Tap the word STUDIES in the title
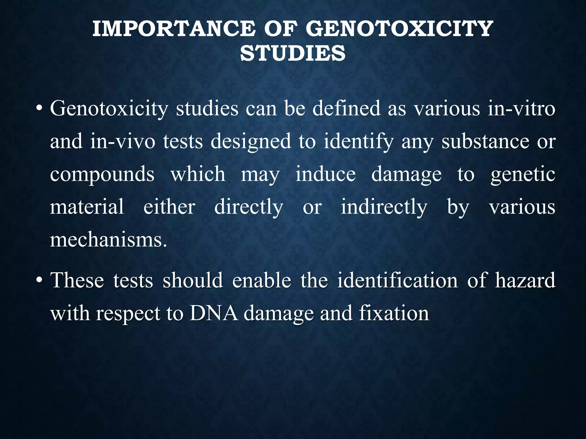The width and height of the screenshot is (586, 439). click(x=293, y=53)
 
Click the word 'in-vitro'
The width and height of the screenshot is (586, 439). click(x=521, y=109)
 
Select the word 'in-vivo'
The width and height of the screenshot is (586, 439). click(x=123, y=141)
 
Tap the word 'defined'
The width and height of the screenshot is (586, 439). click(x=346, y=109)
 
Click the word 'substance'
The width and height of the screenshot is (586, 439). click(x=485, y=141)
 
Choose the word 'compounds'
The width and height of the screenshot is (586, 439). click(x=102, y=175)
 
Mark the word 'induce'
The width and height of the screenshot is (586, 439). click(x=326, y=174)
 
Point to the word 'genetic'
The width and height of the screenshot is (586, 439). click(x=523, y=175)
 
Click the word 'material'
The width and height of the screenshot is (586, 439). click(x=87, y=207)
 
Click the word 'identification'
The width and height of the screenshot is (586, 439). click(x=397, y=280)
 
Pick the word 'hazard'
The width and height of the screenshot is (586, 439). click(x=525, y=280)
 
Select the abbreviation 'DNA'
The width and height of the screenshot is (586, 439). click(x=213, y=314)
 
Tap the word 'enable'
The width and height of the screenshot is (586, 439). click(x=262, y=280)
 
